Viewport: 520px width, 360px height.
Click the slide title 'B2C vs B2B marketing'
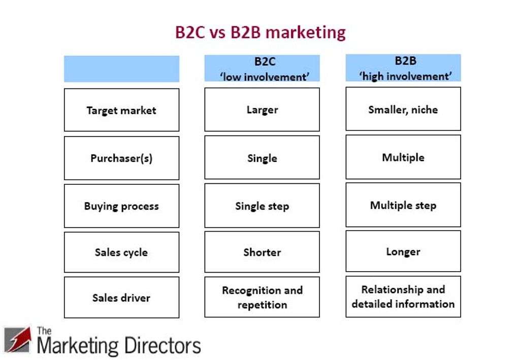(261, 32)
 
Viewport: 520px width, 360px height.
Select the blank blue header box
(122, 69)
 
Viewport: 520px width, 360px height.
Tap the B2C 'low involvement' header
(262, 68)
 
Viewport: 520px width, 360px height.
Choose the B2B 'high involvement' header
(403, 68)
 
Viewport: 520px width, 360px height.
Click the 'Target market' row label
(122, 110)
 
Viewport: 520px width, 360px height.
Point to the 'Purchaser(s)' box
(122, 158)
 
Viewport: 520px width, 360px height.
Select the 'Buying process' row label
(122, 206)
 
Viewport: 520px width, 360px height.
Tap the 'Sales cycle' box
(122, 252)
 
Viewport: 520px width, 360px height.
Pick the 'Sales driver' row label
(122, 298)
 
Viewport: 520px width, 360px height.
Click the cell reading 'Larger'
(262, 109)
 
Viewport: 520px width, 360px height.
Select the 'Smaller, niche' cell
(403, 109)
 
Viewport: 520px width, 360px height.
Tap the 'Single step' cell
(262, 206)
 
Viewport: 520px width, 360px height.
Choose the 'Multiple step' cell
(403, 205)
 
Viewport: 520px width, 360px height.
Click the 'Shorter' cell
(262, 252)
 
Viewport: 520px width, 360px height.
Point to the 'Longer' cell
(403, 251)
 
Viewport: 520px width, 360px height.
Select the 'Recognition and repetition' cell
(262, 297)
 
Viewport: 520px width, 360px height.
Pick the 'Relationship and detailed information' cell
(403, 297)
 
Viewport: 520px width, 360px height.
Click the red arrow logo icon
(18, 340)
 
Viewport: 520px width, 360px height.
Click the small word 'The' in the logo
(44, 331)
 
